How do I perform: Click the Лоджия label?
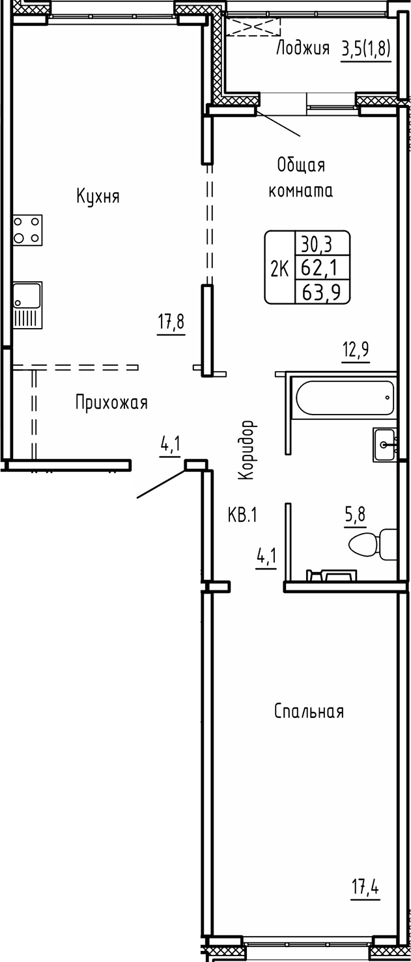[303, 48]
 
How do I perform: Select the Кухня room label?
[98, 196]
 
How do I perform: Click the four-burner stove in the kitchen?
[27, 230]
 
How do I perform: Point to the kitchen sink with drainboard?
[27, 304]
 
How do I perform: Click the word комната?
[301, 191]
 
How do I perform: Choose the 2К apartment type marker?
[279, 268]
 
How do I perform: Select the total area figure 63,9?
[322, 291]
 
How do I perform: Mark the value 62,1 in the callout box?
[322, 268]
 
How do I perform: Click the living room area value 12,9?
[356, 350]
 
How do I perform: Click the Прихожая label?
[111, 403]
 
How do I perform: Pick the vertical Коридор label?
[246, 450]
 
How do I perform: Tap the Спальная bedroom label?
[308, 711]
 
